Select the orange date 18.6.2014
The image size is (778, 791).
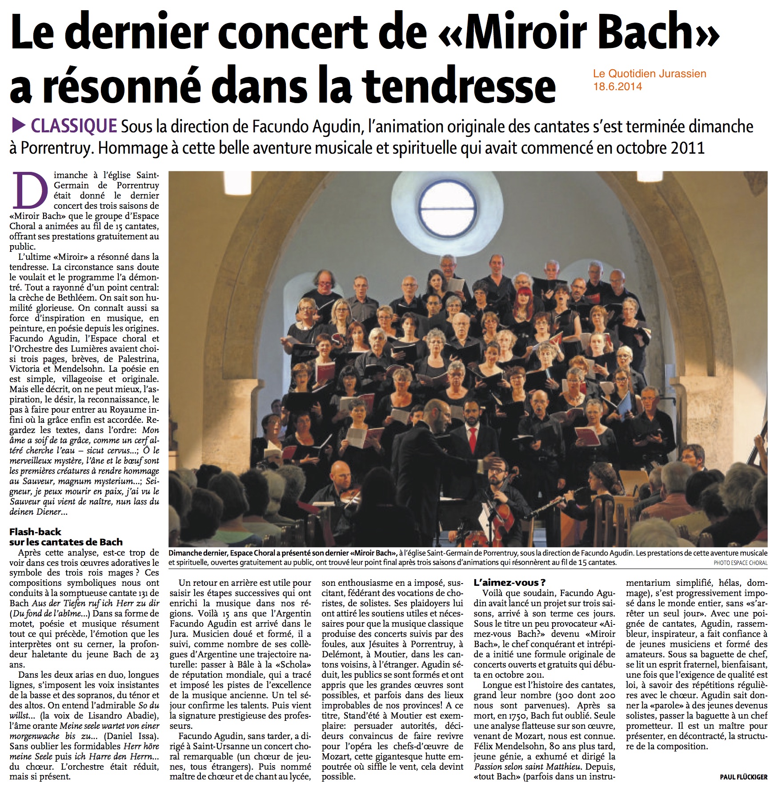tap(618, 87)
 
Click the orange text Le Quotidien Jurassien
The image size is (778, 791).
tap(650, 74)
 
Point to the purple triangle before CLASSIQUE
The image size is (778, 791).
tap(18, 126)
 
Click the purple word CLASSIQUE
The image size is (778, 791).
tap(74, 126)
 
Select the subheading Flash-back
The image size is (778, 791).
tap(35, 532)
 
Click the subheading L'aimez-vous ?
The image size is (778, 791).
tap(509, 583)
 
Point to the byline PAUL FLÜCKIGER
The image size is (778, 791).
tap(743, 777)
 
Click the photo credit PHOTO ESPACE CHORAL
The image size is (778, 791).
tap(740, 563)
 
